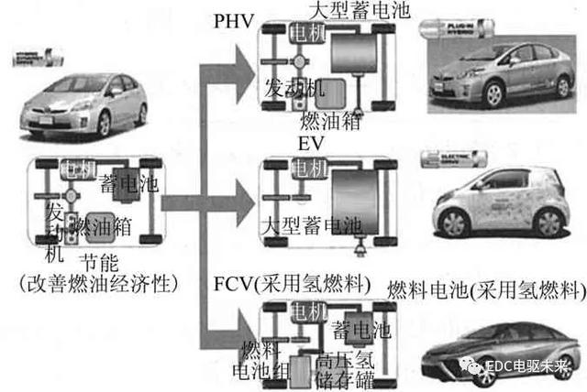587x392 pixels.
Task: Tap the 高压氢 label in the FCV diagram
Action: coord(343,359)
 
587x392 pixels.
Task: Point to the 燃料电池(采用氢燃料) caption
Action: coord(484,291)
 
